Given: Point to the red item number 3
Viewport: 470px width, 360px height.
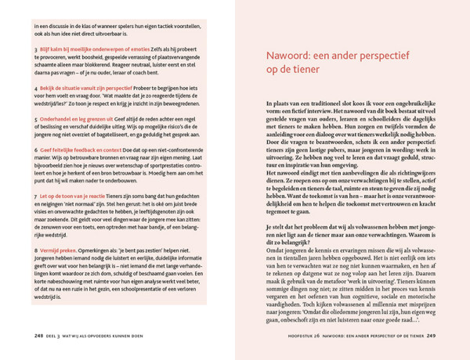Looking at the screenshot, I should point(36,49).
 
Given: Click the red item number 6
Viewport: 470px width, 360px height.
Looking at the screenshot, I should point(36,148).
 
